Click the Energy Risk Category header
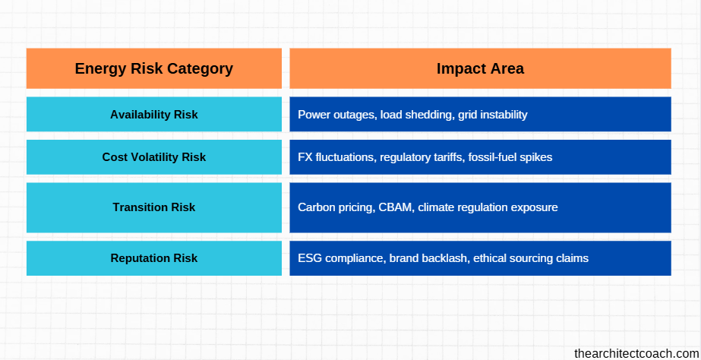[153, 68]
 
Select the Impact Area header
[480, 68]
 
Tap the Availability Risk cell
[153, 115]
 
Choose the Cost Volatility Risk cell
[153, 157]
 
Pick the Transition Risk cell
[153, 207]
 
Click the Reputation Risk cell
[153, 258]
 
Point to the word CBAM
[395, 207]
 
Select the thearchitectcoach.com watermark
[636, 353]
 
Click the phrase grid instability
[493, 115]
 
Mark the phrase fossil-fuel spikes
[510, 157]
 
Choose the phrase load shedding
[418, 115]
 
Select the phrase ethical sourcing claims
[531, 258]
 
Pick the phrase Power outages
[337, 115]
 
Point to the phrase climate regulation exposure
[488, 207]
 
